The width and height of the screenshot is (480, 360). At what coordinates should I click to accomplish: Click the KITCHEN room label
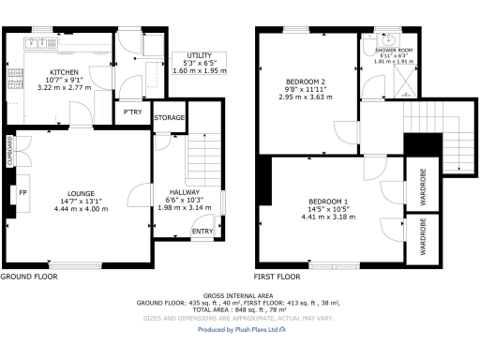tap(64, 71)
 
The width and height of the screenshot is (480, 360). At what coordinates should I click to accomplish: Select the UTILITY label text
tap(199, 55)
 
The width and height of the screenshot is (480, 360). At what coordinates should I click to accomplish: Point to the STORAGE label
tap(170, 118)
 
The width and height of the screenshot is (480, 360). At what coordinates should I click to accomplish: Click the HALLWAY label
tap(177, 191)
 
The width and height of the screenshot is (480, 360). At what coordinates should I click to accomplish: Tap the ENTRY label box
tap(202, 232)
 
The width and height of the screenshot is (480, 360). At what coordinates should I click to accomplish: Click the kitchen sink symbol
tap(39, 43)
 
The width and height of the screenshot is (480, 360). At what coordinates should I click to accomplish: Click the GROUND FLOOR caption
tap(28, 277)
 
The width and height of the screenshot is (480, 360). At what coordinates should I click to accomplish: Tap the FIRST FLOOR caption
tap(277, 277)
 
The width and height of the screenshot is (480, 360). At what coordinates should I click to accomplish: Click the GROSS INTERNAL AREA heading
tap(239, 296)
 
